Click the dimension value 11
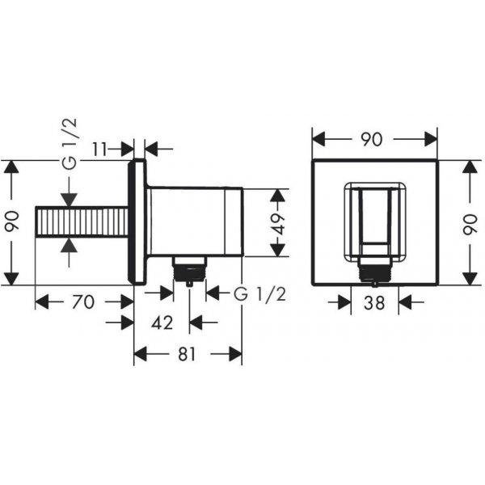[99, 150]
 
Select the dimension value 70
[83, 302]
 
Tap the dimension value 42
[162, 323]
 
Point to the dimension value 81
[187, 354]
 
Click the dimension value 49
[278, 223]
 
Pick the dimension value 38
[374, 303]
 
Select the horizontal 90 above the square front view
[372, 139]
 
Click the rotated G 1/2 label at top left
[69, 144]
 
